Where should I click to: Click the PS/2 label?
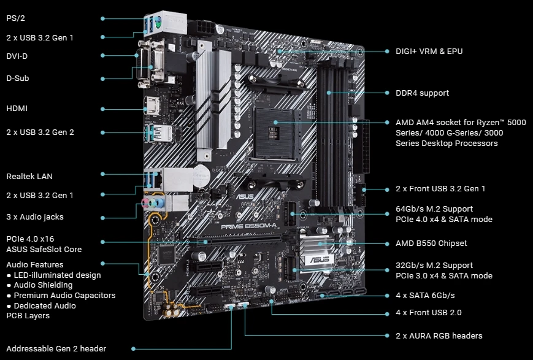click(x=16, y=18)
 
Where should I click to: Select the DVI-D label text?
click(x=17, y=56)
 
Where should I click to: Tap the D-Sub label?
click(x=18, y=78)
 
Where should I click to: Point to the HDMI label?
click(x=17, y=109)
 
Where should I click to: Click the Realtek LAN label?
click(x=29, y=176)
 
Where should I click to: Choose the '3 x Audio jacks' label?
click(x=35, y=216)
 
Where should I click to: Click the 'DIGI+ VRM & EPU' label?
click(x=429, y=51)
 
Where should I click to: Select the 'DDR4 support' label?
click(x=422, y=93)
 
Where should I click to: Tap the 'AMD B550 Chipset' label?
click(x=431, y=243)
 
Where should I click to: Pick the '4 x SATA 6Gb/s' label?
click(x=425, y=296)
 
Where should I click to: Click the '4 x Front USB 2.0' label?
click(x=429, y=313)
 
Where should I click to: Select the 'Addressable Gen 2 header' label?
click(x=56, y=348)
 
